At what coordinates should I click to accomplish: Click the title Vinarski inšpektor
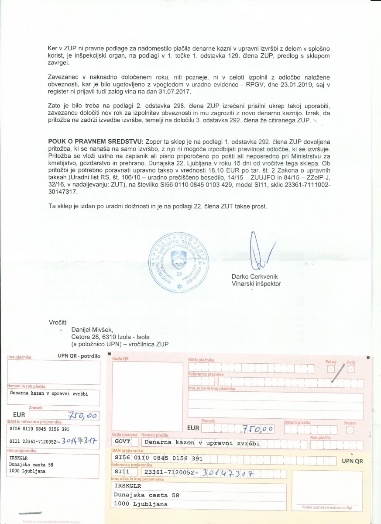(x=256, y=284)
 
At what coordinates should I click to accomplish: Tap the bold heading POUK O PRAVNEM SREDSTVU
(x=95, y=142)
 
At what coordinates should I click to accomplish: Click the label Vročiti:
(x=58, y=323)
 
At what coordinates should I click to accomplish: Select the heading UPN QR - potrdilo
(x=79, y=356)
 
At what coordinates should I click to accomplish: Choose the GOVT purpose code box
(x=124, y=443)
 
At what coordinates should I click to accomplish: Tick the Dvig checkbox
(x=350, y=369)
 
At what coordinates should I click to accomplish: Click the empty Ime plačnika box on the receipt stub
(x=53, y=372)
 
